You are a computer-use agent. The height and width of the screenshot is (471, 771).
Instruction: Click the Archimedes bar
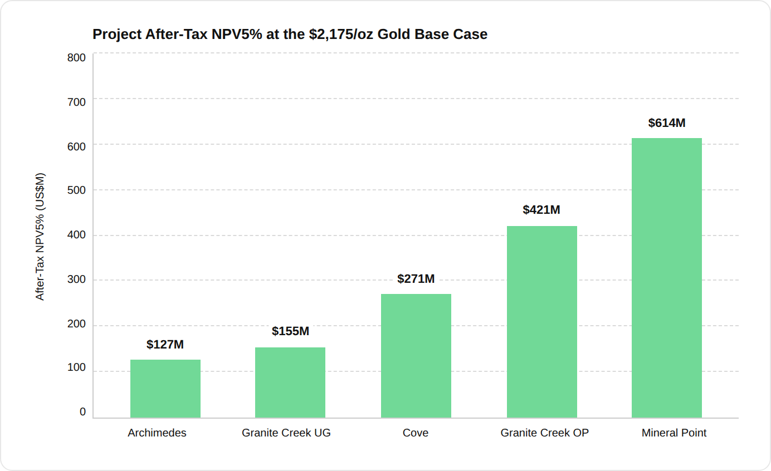[165, 389]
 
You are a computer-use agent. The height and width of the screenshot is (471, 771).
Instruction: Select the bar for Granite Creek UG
[290, 382]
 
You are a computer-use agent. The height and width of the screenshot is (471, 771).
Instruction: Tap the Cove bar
[416, 356]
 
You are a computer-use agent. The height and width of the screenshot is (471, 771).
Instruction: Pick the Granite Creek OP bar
[542, 322]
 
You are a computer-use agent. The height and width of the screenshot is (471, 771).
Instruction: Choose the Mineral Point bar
[667, 278]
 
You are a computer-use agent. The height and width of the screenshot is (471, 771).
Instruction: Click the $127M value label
[165, 345]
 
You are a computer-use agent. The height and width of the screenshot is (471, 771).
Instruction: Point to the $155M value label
[290, 331]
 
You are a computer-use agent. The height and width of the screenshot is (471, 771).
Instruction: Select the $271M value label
[416, 279]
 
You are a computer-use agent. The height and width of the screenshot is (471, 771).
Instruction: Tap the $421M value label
[541, 209]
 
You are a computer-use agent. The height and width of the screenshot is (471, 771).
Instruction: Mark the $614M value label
[667, 123]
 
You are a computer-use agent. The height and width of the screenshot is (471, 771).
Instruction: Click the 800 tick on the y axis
[76, 57]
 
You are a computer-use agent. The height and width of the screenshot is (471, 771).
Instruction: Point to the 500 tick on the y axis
[76, 190]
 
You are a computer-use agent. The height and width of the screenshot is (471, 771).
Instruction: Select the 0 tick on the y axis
[82, 411]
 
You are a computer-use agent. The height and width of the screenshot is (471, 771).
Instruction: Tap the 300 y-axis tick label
[76, 279]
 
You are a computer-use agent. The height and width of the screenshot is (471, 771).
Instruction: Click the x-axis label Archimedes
[157, 433]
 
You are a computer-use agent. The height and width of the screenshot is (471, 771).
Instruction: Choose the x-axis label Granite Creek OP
[544, 433]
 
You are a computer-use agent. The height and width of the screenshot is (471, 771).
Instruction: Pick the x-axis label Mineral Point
[674, 433]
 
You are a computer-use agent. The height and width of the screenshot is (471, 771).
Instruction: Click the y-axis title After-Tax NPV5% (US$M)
[40, 237]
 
